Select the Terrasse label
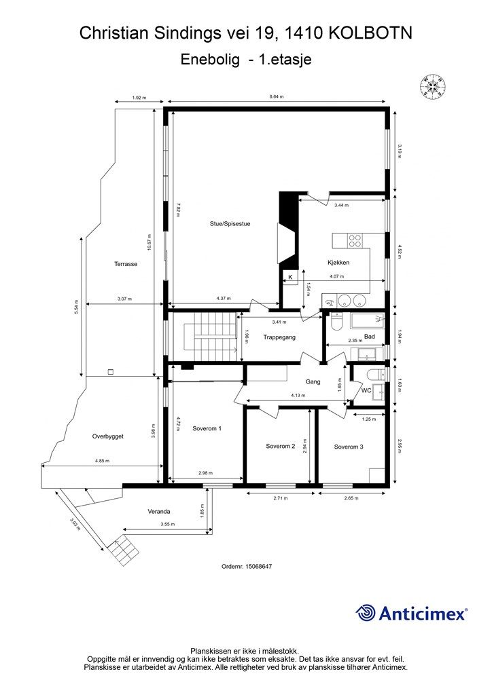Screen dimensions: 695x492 coord(126,264)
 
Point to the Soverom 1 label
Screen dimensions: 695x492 coord(207,428)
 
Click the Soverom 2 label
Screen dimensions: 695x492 coord(280,446)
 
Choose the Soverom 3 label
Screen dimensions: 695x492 coord(349,447)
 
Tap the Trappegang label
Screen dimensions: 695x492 coord(279,337)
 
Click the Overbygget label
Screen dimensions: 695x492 coord(108,436)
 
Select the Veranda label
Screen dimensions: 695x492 coord(159,511)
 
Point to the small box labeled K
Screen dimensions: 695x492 coord(290,278)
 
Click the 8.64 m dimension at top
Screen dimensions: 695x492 coord(276,97)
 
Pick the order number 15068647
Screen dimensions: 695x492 coord(247,566)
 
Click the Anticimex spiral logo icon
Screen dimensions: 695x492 coord(366,613)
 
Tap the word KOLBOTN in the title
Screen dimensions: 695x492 coord(371,32)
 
